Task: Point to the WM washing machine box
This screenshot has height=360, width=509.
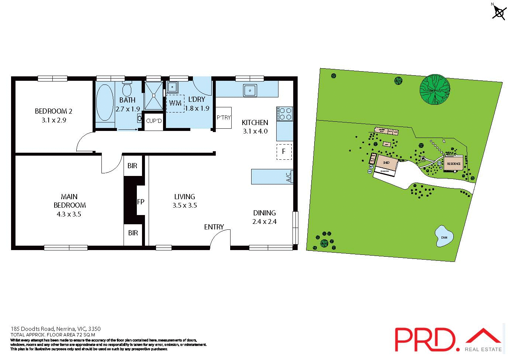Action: pos(175,103)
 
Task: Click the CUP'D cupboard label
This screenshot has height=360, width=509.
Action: pos(154,121)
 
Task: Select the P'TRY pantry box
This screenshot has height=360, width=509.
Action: pos(224,118)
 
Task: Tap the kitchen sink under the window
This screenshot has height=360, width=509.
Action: pos(250,90)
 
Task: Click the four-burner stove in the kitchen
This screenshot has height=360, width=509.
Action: pos(284,114)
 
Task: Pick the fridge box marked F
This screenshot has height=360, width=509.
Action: pos(284,152)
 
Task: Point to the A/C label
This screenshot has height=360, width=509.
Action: pos(289,177)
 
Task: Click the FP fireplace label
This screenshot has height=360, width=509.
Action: pos(141,202)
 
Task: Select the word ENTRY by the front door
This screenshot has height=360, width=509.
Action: pos(214,227)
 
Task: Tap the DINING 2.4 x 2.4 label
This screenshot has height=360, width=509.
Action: pos(264,217)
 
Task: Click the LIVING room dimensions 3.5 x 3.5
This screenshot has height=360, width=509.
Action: pos(185,205)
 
